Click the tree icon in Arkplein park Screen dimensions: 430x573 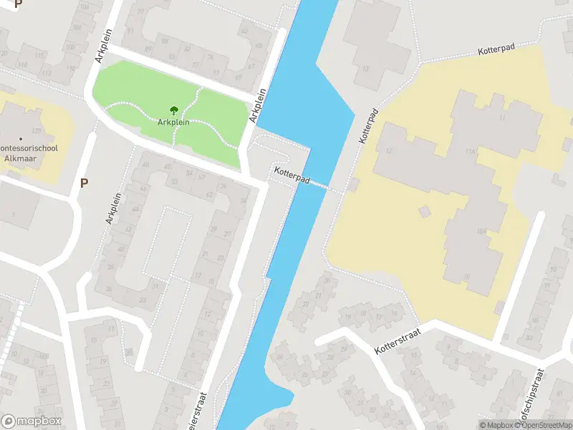174,110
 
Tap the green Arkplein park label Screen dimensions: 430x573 174,123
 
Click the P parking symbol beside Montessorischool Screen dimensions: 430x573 84,183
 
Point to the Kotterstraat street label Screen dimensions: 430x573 395,341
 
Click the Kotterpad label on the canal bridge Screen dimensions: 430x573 291,176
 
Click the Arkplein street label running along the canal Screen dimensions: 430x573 257,106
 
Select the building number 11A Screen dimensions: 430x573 471,152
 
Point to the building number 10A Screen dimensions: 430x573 481,231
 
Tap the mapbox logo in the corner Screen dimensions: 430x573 32,421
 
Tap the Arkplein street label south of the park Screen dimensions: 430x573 111,209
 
